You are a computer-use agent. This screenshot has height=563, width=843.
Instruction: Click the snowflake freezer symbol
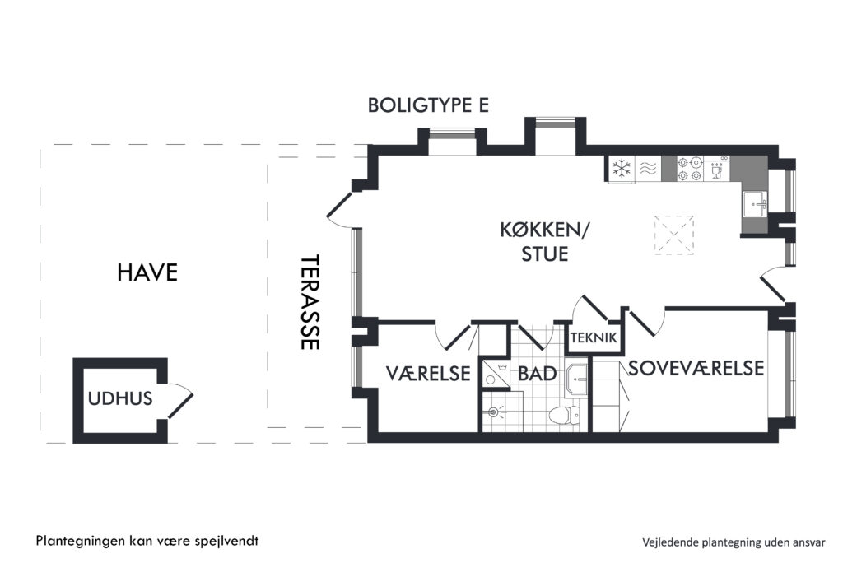[622, 168]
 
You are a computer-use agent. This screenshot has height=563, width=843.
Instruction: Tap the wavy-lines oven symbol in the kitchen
[649, 169]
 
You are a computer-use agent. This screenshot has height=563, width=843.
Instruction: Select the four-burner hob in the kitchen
[689, 168]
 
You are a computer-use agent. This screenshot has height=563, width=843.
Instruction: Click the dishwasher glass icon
[716, 170]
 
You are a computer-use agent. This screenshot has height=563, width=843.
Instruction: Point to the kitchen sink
[755, 204]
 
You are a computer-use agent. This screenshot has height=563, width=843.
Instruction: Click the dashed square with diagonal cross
[673, 235]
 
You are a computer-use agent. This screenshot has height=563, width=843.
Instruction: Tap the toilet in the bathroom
[563, 415]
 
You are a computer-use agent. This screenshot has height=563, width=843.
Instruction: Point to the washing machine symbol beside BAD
[495, 373]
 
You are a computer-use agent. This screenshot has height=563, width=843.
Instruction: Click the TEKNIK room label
[594, 337]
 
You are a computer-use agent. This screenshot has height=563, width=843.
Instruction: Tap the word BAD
[537, 374]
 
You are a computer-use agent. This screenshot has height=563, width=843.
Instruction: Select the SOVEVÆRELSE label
[696, 369]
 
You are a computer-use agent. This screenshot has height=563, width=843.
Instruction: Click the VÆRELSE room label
[428, 373]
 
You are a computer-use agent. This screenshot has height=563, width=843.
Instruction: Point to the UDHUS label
[120, 398]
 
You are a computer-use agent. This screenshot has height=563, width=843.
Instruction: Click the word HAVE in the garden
[147, 272]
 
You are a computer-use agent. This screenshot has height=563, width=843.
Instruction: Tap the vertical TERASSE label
[310, 302]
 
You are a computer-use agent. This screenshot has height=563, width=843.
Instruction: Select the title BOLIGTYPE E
[428, 105]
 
